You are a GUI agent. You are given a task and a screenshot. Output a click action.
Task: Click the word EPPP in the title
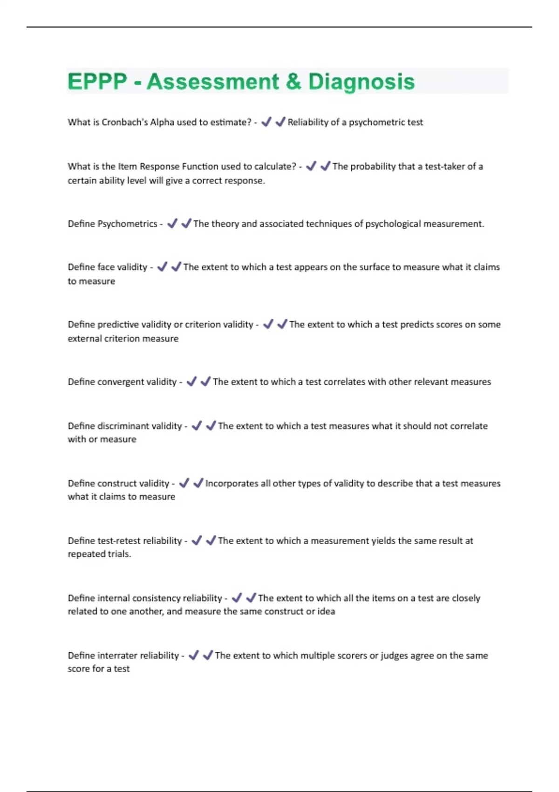coord(97,82)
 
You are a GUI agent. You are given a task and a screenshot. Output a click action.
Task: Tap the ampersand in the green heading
coord(293,82)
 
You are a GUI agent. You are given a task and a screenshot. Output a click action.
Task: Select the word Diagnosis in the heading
coord(361,82)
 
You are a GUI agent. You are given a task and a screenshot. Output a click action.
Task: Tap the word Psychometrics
coord(127,224)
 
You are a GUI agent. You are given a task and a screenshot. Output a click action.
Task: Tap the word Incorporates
coord(232,483)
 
